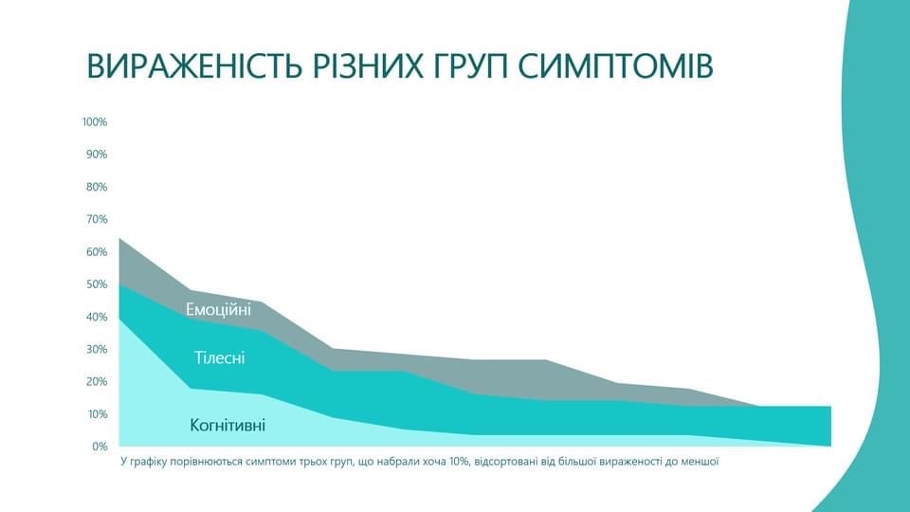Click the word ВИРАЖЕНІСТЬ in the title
click(194, 65)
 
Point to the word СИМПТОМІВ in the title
click(615, 65)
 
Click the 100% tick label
click(95, 122)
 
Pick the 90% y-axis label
click(97, 155)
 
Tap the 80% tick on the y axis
click(97, 187)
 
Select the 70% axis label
click(97, 219)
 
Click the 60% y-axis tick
click(97, 252)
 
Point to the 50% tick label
click(97, 284)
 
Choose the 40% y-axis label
click(97, 317)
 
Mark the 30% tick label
click(97, 350)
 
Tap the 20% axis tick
click(97, 382)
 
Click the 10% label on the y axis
click(97, 414)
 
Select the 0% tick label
click(100, 447)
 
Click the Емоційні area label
click(218, 309)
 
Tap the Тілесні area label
click(219, 357)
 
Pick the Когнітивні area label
click(227, 426)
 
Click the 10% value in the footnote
click(459, 462)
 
